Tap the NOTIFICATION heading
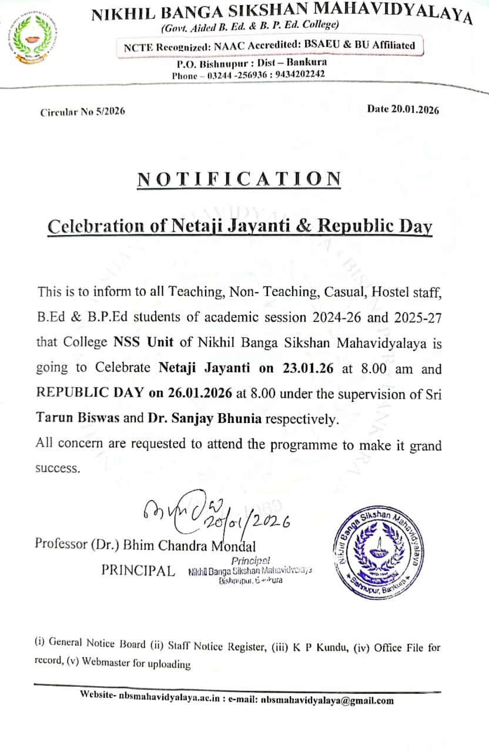pos(239,179)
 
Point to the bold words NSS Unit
pos(139,342)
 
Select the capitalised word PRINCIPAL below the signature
pos(138,570)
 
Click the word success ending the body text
pos(57,469)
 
